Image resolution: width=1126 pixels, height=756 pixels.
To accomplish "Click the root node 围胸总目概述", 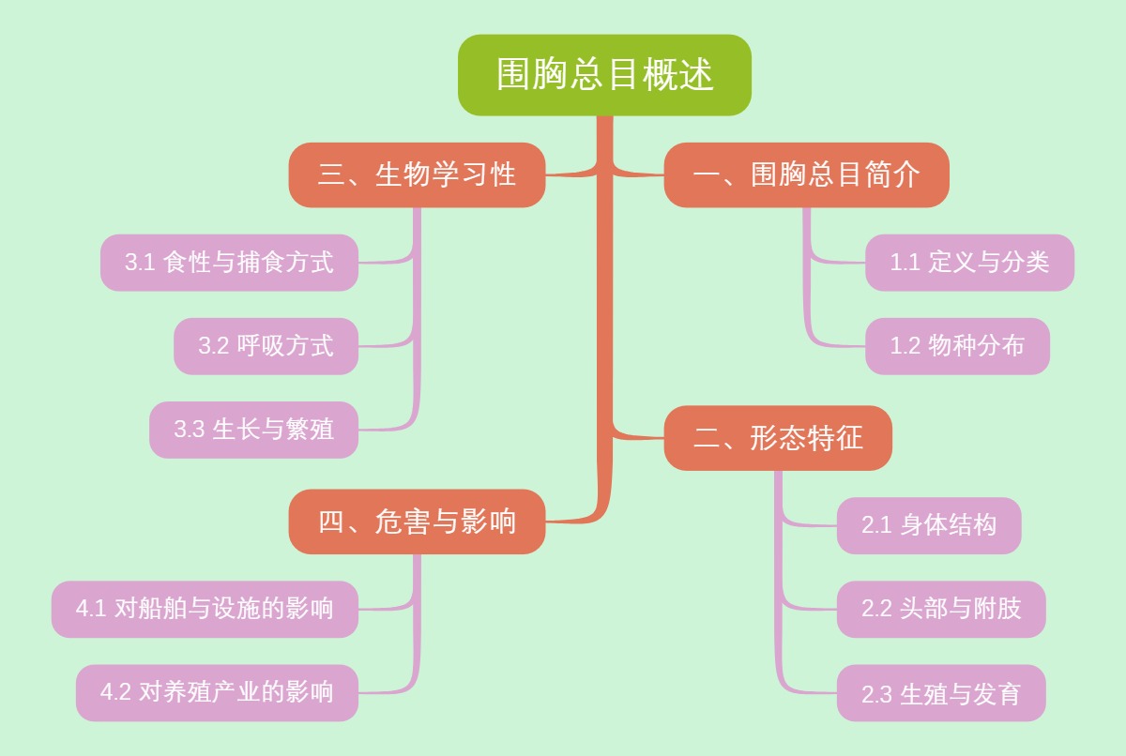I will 604,75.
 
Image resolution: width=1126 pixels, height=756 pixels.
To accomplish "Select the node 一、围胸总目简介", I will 806,175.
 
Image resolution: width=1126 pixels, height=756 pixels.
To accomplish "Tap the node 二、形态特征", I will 778,438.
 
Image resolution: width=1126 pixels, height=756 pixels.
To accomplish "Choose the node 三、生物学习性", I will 417,175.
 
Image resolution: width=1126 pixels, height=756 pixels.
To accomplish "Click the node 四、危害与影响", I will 417,522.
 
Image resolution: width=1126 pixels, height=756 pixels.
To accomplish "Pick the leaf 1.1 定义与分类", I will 969,263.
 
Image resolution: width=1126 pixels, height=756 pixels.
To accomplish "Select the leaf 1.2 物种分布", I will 957,346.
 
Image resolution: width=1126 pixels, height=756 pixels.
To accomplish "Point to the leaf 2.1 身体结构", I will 929,525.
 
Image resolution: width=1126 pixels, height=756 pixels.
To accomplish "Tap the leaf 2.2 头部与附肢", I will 941,609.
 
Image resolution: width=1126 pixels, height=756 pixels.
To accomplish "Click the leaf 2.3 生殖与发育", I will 941,693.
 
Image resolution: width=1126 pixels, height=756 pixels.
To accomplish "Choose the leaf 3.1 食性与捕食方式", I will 229,263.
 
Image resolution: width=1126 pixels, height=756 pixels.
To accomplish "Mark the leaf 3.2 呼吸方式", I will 266,346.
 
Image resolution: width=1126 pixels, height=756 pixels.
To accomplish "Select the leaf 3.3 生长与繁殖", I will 253,430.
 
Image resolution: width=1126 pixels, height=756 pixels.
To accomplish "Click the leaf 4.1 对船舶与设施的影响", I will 205,609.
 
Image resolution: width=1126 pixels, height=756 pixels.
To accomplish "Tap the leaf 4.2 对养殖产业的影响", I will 217,693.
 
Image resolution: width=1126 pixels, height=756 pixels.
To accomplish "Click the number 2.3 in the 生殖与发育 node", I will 876,695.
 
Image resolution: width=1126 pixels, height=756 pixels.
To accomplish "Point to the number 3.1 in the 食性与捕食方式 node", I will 140,264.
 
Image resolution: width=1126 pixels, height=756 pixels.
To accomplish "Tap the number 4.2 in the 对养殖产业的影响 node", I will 115,693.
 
